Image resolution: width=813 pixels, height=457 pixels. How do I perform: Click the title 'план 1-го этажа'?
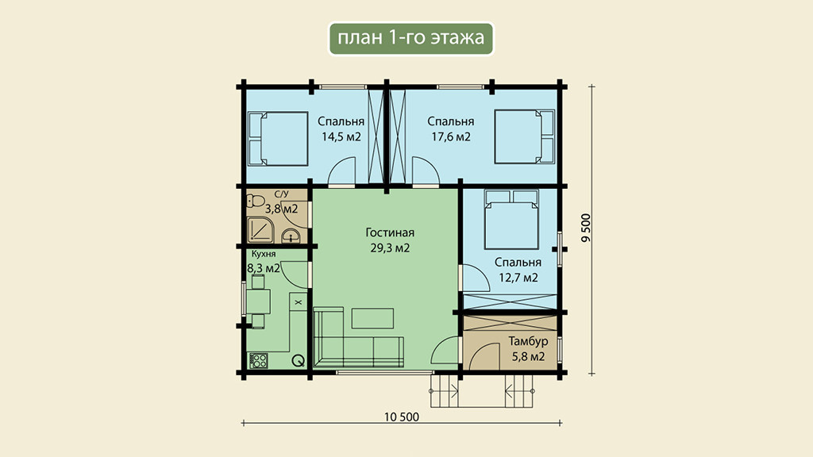(410, 37)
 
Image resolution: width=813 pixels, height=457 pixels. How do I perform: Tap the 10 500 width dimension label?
(402, 417)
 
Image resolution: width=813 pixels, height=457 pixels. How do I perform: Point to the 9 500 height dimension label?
(586, 228)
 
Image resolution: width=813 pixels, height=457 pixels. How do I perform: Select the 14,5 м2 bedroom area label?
(341, 136)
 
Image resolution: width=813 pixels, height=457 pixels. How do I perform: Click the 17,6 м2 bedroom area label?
(451, 136)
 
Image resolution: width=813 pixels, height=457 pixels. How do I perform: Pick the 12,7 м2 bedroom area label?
(518, 278)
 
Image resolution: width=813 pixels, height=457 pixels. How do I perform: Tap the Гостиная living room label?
(390, 232)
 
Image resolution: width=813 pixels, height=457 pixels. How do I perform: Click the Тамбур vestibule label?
(528, 341)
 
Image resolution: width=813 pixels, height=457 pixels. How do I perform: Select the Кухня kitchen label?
(264, 255)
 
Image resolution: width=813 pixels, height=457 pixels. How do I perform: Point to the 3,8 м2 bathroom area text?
(282, 209)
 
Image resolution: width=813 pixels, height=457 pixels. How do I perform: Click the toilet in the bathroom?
(256, 201)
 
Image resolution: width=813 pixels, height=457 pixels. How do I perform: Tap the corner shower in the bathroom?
(260, 230)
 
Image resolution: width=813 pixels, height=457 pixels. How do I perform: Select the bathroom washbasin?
(291, 236)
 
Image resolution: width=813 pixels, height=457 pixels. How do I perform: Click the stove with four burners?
(258, 360)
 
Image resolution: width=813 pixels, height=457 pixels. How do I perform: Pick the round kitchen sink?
(299, 361)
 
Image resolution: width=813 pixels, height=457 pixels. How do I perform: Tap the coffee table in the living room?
(372, 318)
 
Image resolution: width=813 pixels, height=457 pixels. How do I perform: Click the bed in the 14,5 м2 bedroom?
(278, 139)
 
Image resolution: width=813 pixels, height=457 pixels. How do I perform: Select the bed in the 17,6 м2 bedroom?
(524, 136)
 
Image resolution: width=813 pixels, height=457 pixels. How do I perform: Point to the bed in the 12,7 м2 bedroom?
(511, 219)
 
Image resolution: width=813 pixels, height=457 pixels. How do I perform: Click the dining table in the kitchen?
(258, 301)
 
